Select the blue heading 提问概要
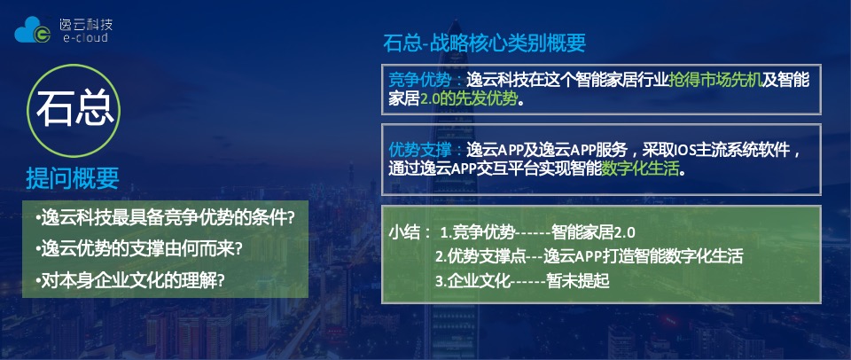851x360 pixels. [x=73, y=178]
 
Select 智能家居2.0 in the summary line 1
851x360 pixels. [x=593, y=233]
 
